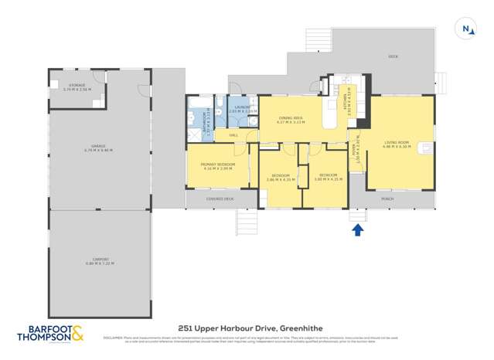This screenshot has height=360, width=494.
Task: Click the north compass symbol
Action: [x=466, y=29]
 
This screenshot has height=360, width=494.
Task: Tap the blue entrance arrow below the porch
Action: [x=358, y=229]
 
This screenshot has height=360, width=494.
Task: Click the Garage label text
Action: [x=97, y=148]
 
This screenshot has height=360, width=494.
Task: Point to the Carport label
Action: [x=99, y=261]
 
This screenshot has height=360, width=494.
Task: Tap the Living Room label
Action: [x=397, y=144]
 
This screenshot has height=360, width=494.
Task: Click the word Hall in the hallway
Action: [x=233, y=134]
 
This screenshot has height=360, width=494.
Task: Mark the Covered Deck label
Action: [x=220, y=199]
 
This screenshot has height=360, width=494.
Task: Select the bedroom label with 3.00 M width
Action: [x=327, y=177]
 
